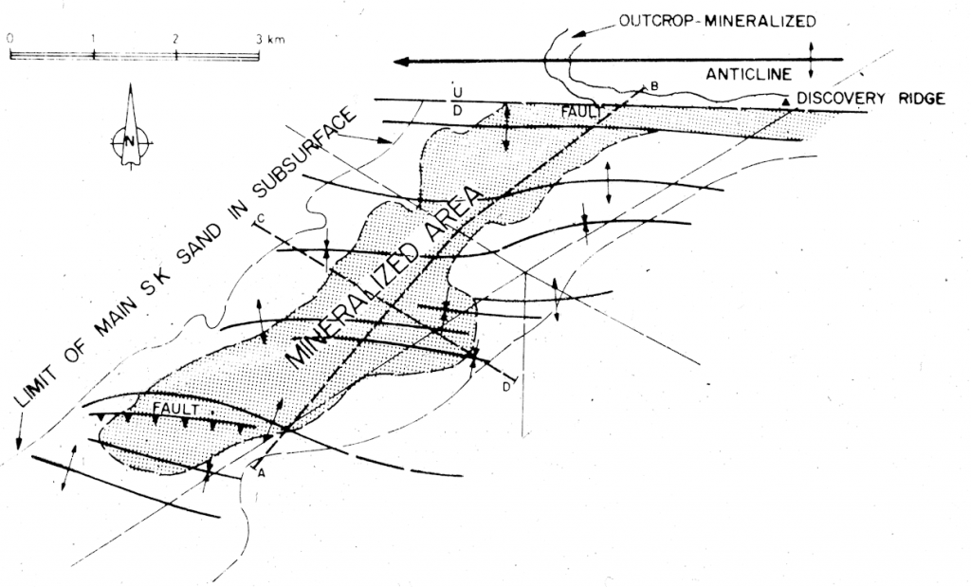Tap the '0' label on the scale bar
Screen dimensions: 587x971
(x=9, y=40)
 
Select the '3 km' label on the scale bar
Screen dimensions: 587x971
(x=269, y=40)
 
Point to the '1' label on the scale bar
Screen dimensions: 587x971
(x=93, y=40)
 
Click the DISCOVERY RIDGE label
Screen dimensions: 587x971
(x=870, y=99)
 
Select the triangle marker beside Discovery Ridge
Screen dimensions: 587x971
(x=786, y=98)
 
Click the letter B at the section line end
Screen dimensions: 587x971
(x=654, y=86)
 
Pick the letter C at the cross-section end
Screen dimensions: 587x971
(x=258, y=220)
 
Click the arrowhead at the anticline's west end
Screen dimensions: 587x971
(x=401, y=62)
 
